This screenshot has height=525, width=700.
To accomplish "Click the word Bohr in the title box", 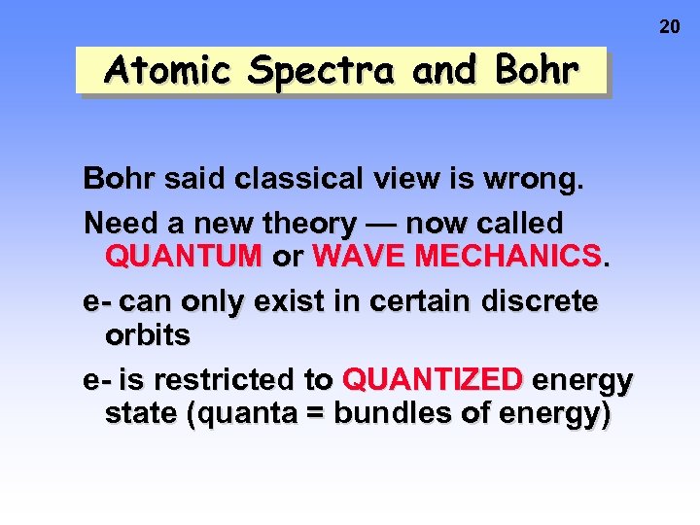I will coord(536,70).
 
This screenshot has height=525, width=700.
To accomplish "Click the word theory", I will coord(309,224).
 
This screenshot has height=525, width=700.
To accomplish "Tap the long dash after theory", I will coord(381,224).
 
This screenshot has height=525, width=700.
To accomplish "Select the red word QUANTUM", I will coord(184,257).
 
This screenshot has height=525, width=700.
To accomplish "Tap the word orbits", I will coord(148,335).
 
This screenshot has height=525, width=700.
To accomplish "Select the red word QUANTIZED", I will coord(434,379).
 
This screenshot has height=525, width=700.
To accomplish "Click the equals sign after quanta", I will coord(316,414).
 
